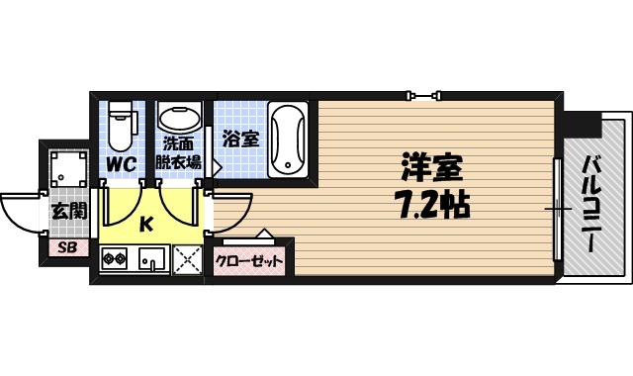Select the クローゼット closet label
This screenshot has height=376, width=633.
click(x=249, y=263)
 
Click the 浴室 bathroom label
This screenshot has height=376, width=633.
click(x=240, y=140)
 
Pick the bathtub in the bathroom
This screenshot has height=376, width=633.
click(x=288, y=139)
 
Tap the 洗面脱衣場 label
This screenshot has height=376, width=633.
click(x=179, y=152)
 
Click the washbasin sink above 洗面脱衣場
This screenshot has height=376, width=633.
click(x=178, y=118)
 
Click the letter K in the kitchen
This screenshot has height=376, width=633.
click(x=145, y=225)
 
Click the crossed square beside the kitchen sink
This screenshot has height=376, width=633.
click(x=186, y=261)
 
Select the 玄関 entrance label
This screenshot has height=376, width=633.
click(x=68, y=210)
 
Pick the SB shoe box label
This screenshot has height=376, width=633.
click(x=67, y=247)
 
